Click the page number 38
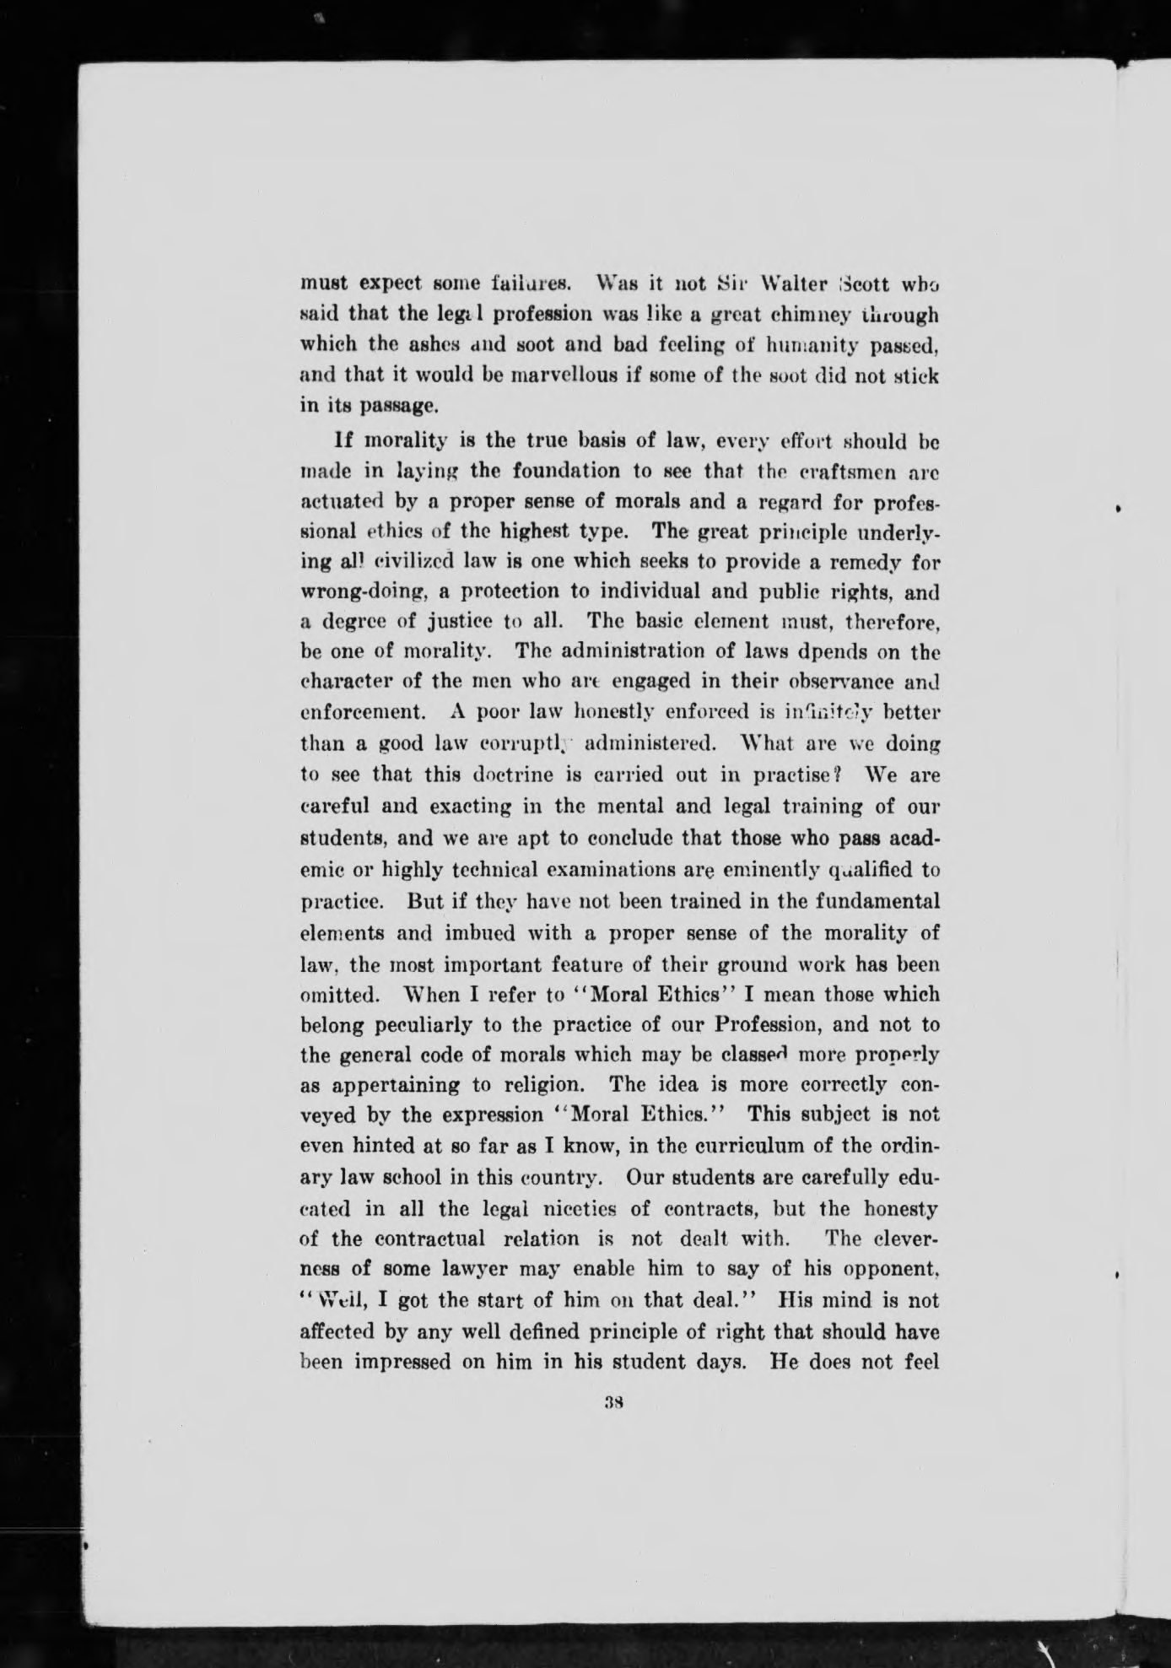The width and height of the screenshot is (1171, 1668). click(613, 1405)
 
